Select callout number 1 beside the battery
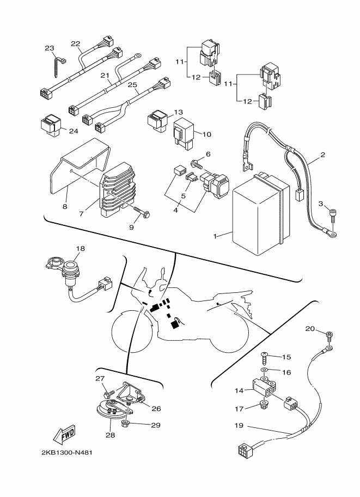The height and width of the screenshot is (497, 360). coord(216,236)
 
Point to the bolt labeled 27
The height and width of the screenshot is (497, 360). coord(109,391)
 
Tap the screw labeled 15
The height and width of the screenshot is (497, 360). coord(264,357)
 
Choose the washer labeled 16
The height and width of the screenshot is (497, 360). coord(264,370)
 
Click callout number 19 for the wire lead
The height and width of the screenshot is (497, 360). coord(238,426)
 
